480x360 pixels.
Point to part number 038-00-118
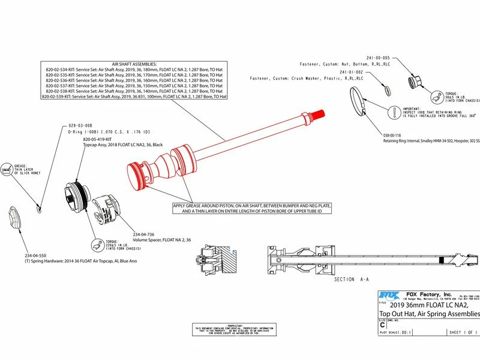(x=397, y=136)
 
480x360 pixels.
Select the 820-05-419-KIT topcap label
(x=100, y=139)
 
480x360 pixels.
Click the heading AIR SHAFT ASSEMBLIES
(x=134, y=64)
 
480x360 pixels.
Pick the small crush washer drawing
(x=386, y=88)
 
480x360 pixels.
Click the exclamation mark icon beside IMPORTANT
(x=393, y=112)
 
